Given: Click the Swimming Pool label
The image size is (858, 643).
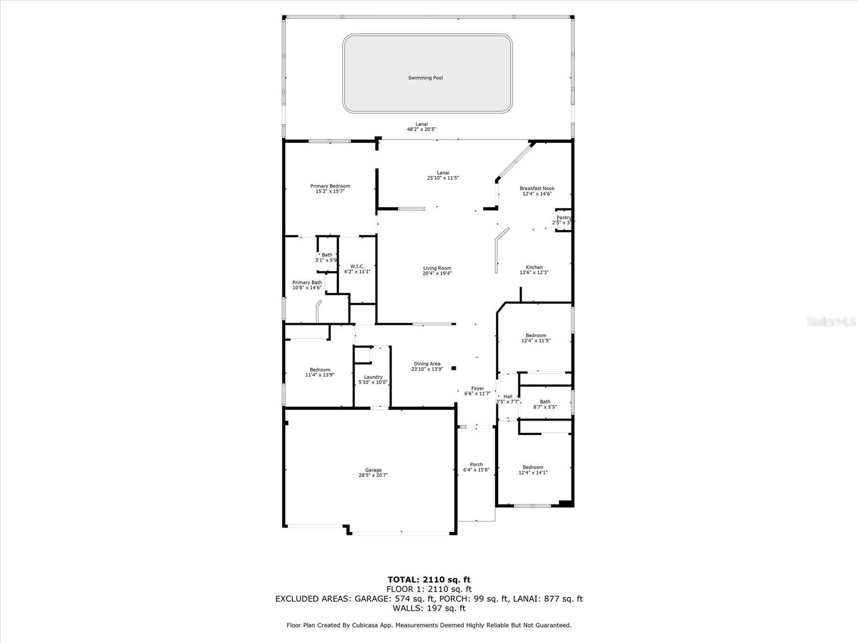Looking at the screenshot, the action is pyautogui.click(x=425, y=78).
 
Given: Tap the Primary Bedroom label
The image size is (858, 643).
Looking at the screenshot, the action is pyautogui.click(x=330, y=186).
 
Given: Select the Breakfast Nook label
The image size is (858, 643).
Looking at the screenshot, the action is pyautogui.click(x=537, y=188).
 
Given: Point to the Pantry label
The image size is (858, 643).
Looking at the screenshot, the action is pyautogui.click(x=564, y=218).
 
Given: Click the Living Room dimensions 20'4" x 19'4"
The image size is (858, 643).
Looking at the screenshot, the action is pyautogui.click(x=437, y=273).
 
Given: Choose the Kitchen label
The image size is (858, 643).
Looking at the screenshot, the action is pyautogui.click(x=534, y=267).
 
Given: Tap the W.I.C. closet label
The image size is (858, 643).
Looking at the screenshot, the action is pyautogui.click(x=357, y=266).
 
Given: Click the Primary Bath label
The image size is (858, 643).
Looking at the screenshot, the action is pyautogui.click(x=307, y=282).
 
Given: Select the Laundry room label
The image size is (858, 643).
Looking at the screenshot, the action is pyautogui.click(x=373, y=377).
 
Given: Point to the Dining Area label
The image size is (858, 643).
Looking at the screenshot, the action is pyautogui.click(x=427, y=363).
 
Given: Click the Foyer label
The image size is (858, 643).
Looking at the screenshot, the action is pyautogui.click(x=477, y=388).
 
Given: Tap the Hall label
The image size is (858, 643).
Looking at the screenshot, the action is pyautogui.click(x=508, y=397).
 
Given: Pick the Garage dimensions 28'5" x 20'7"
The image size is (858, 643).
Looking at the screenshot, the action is pyautogui.click(x=373, y=475).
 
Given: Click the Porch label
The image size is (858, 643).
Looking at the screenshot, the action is pyautogui.click(x=476, y=465).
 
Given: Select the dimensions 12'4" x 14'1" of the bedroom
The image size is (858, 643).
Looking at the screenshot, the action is pyautogui.click(x=533, y=473).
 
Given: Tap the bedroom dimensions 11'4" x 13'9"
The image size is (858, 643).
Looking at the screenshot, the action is pyautogui.click(x=320, y=375).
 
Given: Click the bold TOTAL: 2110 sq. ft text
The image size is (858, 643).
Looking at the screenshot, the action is pyautogui.click(x=429, y=580).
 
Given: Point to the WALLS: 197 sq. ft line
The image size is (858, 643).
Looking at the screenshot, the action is pyautogui.click(x=429, y=608).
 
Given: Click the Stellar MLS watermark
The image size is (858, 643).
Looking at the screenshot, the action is pyautogui.click(x=831, y=322).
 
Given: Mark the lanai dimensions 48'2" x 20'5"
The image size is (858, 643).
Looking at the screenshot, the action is pyautogui.click(x=421, y=129).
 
